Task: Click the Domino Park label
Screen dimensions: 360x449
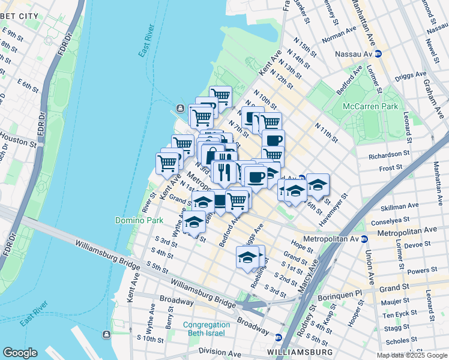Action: pyautogui.click(x=139, y=220)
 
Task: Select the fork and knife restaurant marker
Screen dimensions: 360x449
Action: pyautogui.click(x=224, y=172)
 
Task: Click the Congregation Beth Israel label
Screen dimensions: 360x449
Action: pyautogui.click(x=203, y=329)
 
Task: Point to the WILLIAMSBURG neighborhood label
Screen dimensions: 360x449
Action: pyautogui.click(x=300, y=351)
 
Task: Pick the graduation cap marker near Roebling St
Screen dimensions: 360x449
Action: pyautogui.click(x=247, y=257)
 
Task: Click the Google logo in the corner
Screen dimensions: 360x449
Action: pyautogui.click(x=20, y=353)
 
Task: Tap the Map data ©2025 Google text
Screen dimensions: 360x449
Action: pyautogui.click(x=411, y=355)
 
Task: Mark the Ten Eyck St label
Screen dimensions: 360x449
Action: pyautogui.click(x=397, y=314)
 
